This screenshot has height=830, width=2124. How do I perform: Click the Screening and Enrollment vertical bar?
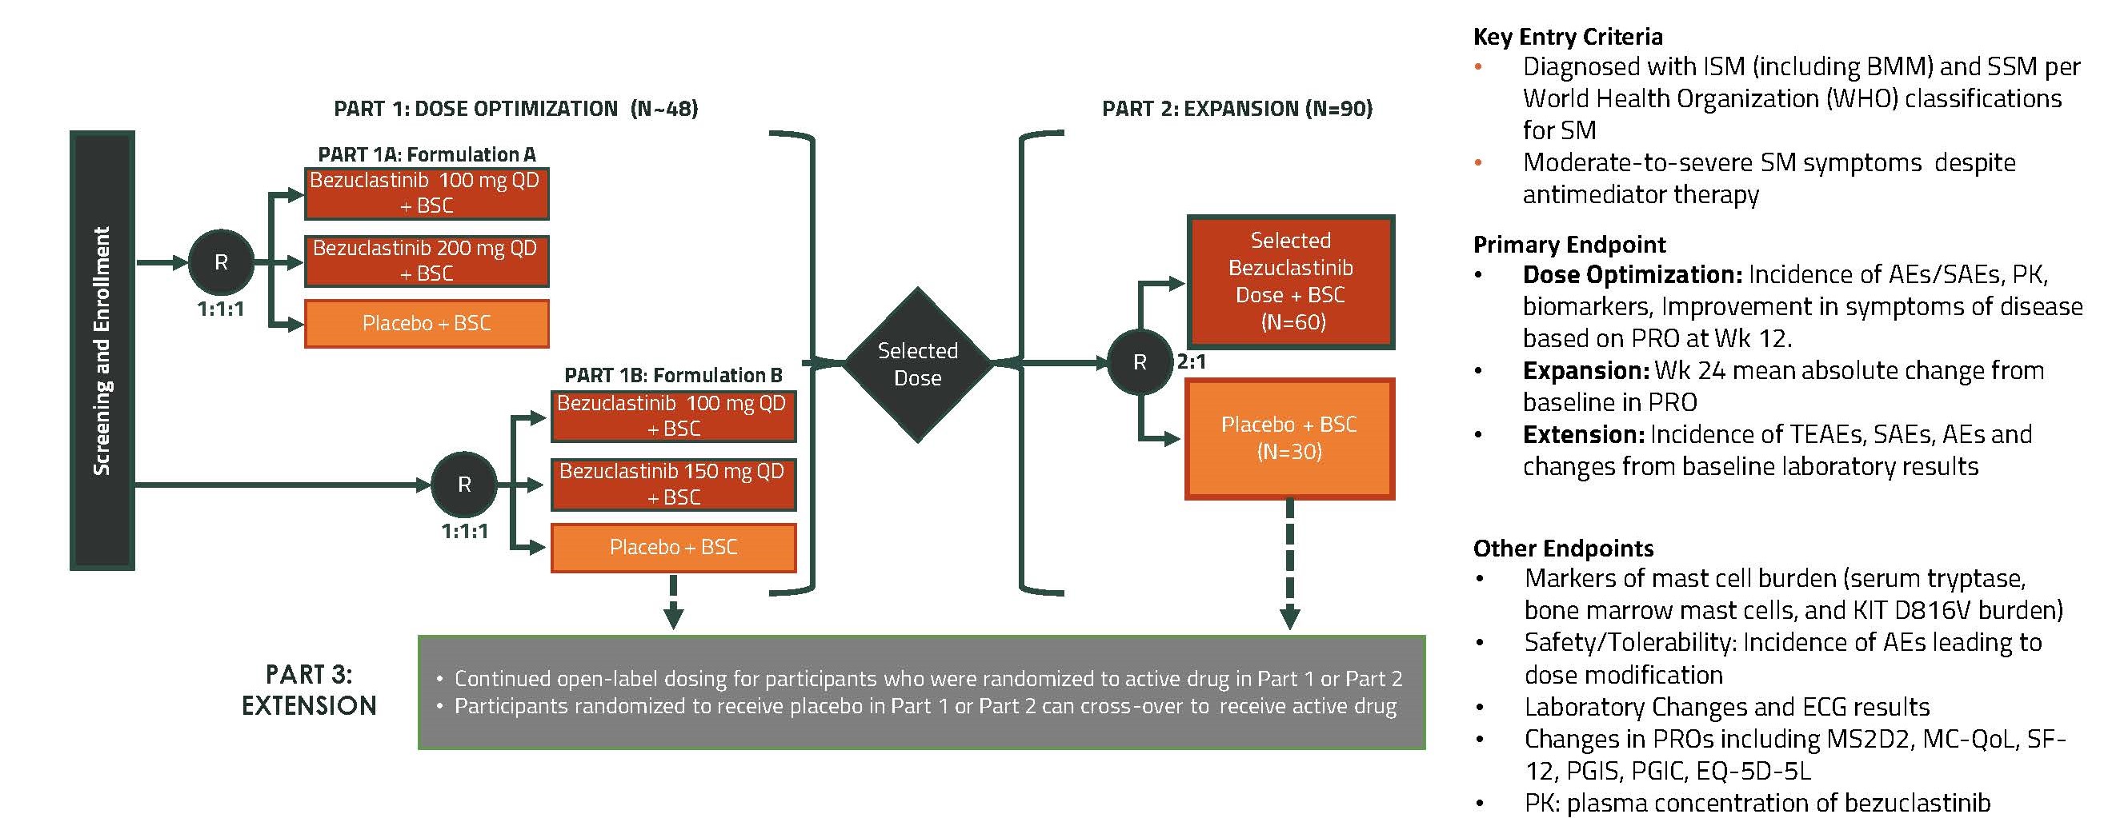pos(102,350)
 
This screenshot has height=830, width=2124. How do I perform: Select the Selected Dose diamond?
pos(918,365)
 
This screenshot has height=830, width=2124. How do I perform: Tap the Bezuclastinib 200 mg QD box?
pos(427,261)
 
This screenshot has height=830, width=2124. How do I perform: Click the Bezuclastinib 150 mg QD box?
pos(673,484)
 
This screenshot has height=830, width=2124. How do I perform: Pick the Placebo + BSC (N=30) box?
pos(1289,438)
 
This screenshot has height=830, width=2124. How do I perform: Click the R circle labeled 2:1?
pos(1140,362)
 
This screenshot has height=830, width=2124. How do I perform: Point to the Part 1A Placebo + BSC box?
pos(427,323)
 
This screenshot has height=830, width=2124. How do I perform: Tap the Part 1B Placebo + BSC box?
pos(673,547)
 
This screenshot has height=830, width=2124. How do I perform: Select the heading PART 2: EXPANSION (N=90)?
pos(1237,109)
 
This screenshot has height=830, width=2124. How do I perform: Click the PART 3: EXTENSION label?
pos(309,690)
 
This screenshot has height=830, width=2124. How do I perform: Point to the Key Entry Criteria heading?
pos(1568,37)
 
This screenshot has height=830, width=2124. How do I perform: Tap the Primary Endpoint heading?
pos(1569,245)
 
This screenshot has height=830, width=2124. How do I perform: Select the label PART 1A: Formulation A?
pos(427,155)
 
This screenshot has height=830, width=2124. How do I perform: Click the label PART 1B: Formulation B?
pos(673,376)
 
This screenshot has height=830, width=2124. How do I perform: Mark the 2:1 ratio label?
pos(1192,362)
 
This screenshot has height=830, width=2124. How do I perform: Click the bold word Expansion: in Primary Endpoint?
pos(1584,371)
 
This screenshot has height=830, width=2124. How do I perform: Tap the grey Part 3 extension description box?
pos(922,692)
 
